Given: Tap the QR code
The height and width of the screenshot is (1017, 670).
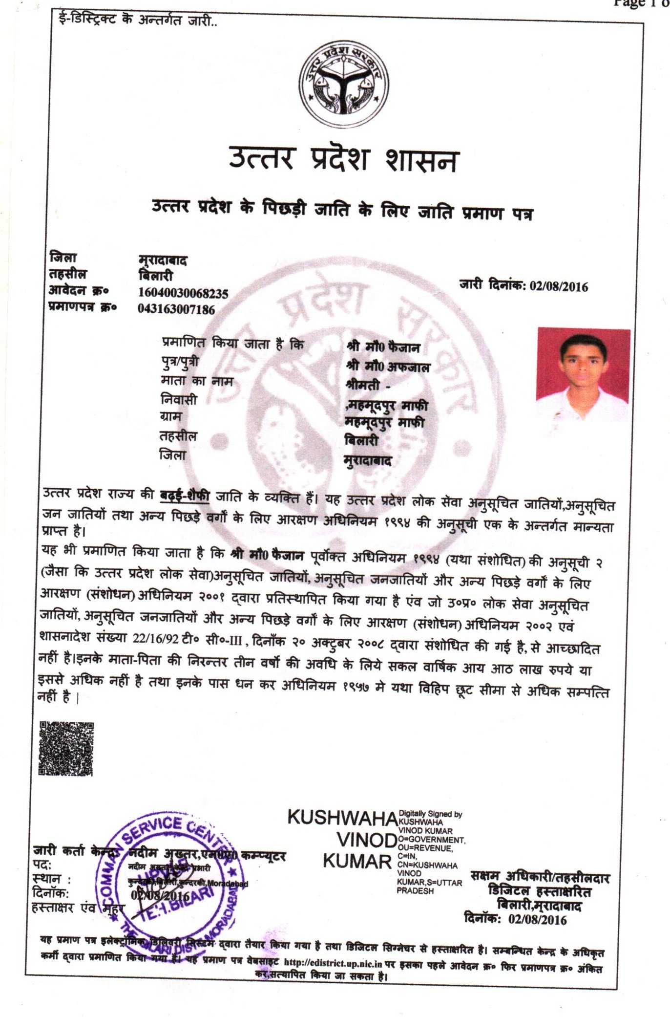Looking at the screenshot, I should click(x=66, y=748).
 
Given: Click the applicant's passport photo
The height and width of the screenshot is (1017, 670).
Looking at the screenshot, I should click(x=583, y=375).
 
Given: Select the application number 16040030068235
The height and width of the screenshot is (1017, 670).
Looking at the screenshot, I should click(x=183, y=293).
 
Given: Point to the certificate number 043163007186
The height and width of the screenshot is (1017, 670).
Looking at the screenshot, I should click(x=176, y=309).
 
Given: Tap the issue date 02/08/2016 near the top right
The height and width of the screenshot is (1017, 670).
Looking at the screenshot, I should click(x=559, y=286).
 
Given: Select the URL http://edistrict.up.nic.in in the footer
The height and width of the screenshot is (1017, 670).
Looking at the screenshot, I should click(x=333, y=963).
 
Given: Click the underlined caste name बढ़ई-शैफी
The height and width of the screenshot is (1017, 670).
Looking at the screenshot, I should click(x=185, y=495).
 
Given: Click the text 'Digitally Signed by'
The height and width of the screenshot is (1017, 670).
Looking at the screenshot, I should click(x=430, y=814).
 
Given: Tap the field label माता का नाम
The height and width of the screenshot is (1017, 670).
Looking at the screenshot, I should click(x=197, y=381).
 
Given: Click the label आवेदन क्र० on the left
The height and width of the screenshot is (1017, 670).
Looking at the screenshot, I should click(x=79, y=290).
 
